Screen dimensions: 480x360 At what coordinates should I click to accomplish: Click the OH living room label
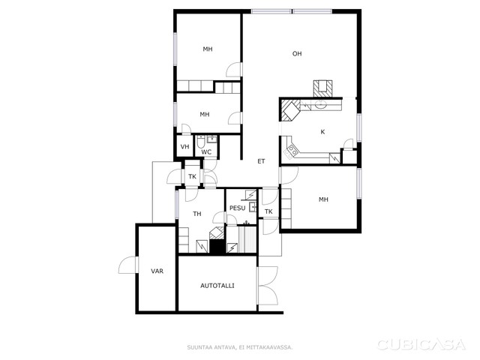(x=297, y=54)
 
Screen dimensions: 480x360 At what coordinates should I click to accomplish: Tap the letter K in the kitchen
(x=322, y=132)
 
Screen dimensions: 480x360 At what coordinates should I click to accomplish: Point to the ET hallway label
(x=261, y=161)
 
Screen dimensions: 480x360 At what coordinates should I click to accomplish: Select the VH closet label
(x=184, y=147)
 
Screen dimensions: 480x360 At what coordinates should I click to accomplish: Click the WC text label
(x=206, y=152)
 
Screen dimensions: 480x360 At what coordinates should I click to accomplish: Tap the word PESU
(x=237, y=208)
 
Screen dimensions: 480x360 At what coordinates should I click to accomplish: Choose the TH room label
(x=197, y=214)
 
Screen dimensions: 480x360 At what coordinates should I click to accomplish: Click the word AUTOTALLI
(x=217, y=286)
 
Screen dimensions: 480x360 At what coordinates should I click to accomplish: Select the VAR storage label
(x=157, y=271)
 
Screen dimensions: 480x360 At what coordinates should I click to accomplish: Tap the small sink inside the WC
(x=211, y=139)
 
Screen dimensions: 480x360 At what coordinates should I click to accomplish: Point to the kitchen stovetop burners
(x=292, y=151)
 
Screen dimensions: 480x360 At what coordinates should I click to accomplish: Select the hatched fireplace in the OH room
(x=322, y=88)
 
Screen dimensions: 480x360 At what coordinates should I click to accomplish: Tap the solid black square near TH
(x=217, y=247)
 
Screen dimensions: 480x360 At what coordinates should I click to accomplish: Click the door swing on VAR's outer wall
(x=127, y=265)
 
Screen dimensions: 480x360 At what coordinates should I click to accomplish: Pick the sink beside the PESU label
(x=253, y=207)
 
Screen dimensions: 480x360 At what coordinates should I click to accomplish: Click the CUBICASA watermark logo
(x=421, y=345)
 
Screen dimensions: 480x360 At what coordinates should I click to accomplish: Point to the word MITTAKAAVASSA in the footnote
(x=274, y=347)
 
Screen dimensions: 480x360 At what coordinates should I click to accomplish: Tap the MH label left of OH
(x=208, y=49)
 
